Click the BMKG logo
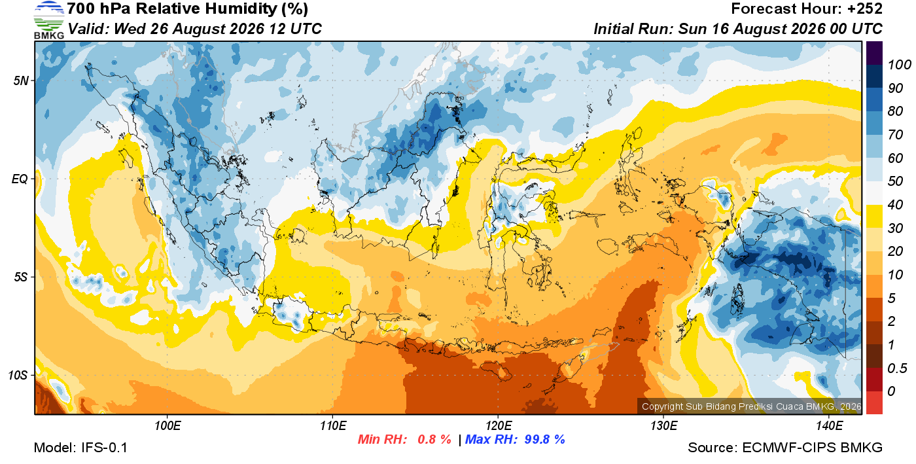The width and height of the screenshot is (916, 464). coord(48,20)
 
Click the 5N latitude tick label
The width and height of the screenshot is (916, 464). coord(21,80)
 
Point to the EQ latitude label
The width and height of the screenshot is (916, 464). coord(20,179)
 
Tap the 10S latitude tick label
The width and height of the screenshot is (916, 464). coord(18,375)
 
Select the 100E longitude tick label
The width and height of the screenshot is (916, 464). coord(167,425)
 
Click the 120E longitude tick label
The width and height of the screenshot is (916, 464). coord(499,425)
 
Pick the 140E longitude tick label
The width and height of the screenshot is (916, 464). coord(829,425)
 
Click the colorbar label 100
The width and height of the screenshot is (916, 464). coord(899,65)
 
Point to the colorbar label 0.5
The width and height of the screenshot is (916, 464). coord(897,368)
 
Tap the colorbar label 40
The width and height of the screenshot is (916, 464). coord(895,205)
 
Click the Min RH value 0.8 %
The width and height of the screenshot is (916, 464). coord(434,439)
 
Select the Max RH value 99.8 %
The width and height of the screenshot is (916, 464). coord(544,439)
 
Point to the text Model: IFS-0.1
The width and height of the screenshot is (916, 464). coord(80,448)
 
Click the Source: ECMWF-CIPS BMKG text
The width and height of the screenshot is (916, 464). coord(785,448)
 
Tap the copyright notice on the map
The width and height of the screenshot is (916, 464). coord(751,406)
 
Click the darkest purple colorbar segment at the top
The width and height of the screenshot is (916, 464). coord(874,53)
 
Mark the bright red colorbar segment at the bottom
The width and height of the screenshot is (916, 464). coord(874,402)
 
